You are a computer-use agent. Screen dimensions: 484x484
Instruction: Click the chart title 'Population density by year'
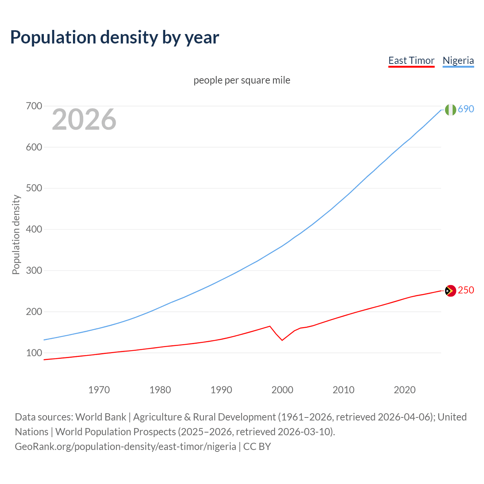click(115, 37)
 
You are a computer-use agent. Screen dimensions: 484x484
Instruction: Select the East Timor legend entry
click(411, 60)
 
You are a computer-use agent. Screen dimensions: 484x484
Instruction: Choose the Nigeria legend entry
click(458, 60)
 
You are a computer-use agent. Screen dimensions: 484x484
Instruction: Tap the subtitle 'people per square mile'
click(242, 80)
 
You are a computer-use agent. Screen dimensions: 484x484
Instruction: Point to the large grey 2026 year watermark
click(84, 119)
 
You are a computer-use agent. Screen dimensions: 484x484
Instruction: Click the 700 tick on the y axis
click(34, 106)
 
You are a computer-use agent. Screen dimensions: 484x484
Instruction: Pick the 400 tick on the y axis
click(34, 229)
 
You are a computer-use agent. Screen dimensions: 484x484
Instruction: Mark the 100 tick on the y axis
click(34, 353)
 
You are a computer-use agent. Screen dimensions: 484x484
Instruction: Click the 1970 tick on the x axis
click(99, 389)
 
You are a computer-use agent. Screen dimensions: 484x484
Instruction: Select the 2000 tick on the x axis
click(282, 389)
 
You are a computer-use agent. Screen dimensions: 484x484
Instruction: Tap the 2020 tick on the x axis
click(405, 389)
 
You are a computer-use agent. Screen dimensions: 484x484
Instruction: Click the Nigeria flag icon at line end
click(450, 110)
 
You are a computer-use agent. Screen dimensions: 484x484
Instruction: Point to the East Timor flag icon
click(450, 291)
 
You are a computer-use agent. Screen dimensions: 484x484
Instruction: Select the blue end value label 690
click(466, 109)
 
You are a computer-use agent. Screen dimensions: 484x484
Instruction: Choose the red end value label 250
click(466, 290)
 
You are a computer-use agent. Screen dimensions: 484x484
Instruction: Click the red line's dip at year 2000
click(282, 340)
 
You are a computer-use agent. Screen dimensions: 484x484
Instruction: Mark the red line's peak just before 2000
click(270, 326)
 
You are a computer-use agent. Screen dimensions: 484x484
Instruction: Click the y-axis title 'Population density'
click(16, 234)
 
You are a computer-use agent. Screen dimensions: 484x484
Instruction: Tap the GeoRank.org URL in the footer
click(125, 447)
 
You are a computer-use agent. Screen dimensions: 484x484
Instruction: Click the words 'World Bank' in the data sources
click(101, 417)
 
